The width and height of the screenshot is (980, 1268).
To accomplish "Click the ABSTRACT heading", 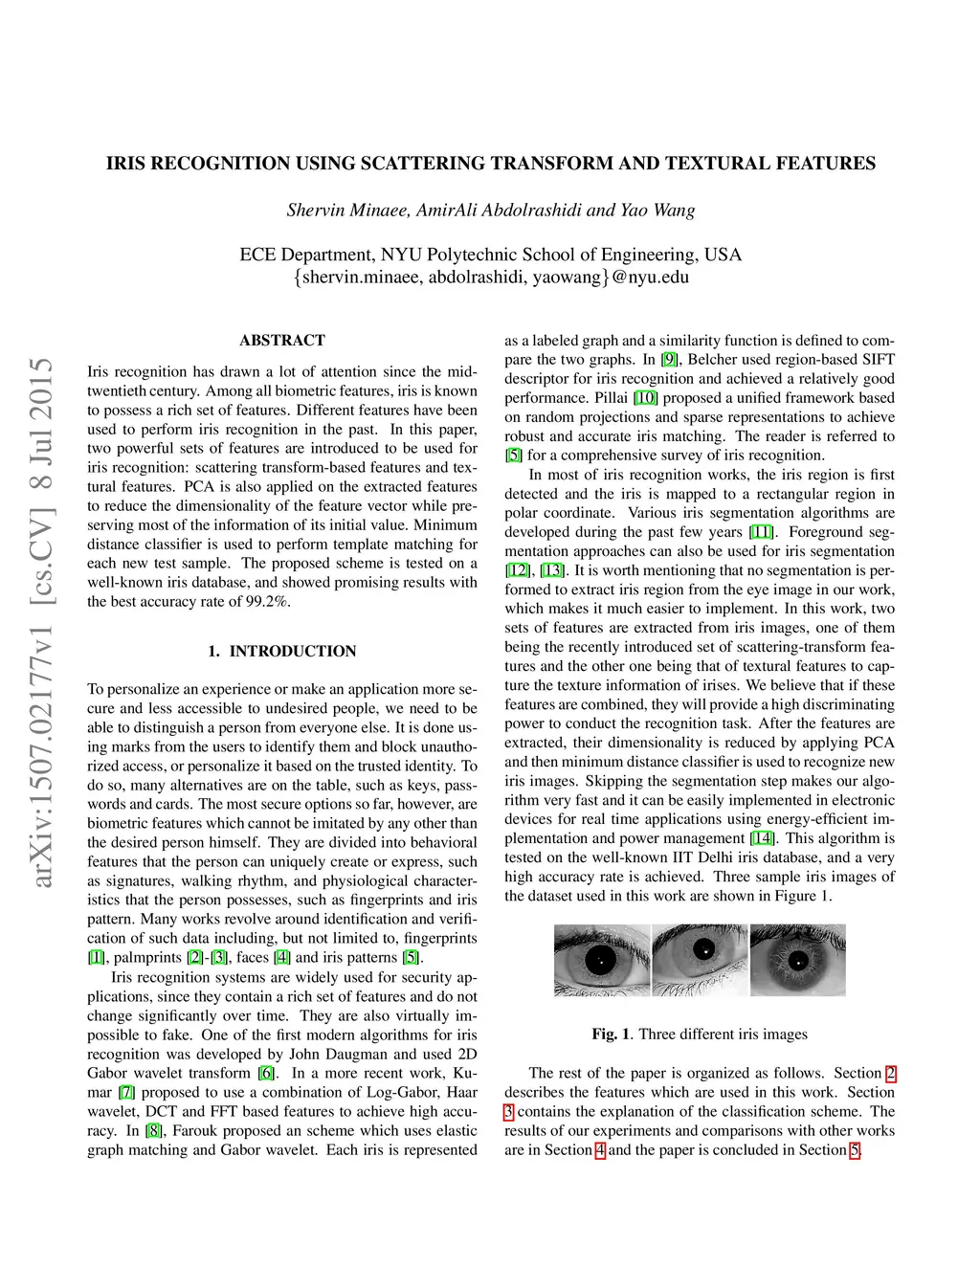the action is [x=282, y=340].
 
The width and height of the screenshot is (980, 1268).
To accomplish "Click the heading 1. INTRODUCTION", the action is [x=282, y=651].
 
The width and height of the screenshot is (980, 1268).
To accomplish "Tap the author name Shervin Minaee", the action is [x=347, y=211].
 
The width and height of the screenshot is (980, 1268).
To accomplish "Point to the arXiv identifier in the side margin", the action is [x=43, y=623].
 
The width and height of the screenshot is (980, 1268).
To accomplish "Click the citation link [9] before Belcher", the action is [x=669, y=360].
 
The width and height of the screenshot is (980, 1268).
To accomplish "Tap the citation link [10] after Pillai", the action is [x=646, y=398].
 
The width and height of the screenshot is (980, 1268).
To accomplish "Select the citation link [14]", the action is [x=763, y=838].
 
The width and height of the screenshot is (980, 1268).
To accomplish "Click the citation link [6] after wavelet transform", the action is [x=266, y=1073].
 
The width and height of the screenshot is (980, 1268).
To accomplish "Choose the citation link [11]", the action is [x=761, y=532].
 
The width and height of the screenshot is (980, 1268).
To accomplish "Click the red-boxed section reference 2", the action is [x=890, y=1073].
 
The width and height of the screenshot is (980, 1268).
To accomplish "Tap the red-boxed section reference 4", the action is [x=600, y=1150].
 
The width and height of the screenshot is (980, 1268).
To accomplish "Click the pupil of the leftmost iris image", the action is [x=600, y=959].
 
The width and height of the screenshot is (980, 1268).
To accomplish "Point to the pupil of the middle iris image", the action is [x=704, y=950].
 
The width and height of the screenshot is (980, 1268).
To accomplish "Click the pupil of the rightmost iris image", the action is [x=797, y=960].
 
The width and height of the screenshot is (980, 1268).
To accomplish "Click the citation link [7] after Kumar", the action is [x=126, y=1092].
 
